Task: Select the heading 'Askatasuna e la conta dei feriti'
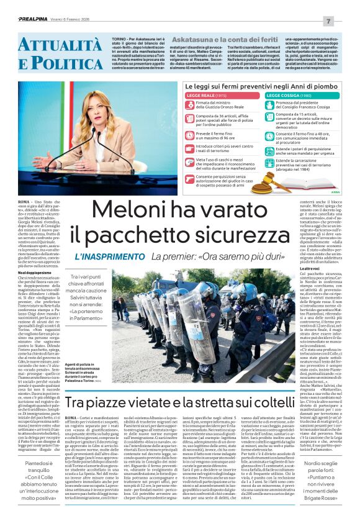(210, 39)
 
